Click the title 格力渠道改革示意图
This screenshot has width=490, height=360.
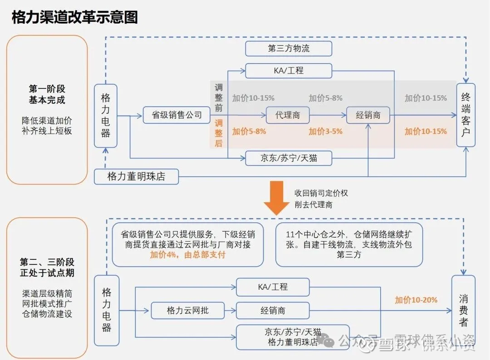74,17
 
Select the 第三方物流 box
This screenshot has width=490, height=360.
289,49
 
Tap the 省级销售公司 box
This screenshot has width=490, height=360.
176,115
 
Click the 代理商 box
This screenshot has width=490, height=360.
287,115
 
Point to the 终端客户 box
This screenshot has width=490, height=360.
465,115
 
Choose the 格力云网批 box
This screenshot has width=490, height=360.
188,311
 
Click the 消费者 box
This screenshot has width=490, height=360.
463,311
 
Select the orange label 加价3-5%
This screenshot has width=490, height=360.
325,131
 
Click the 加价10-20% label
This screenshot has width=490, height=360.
416,300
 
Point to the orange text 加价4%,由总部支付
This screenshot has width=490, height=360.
188,255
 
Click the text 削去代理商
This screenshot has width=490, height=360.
313,205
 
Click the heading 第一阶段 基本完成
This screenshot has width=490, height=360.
47,94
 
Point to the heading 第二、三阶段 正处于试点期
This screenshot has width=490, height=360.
47,268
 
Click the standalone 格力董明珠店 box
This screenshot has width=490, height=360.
136,176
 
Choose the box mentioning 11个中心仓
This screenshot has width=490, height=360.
349,244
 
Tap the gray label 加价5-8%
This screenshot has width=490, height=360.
325,98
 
